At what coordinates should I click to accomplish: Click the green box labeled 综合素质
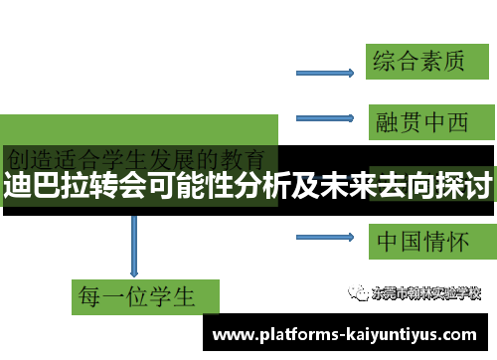(417, 62)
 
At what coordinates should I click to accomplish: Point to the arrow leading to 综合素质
(327, 72)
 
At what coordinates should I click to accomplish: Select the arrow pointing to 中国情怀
(327, 237)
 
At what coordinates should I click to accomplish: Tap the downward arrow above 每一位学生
(134, 243)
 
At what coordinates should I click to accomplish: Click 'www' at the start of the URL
(233, 334)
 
